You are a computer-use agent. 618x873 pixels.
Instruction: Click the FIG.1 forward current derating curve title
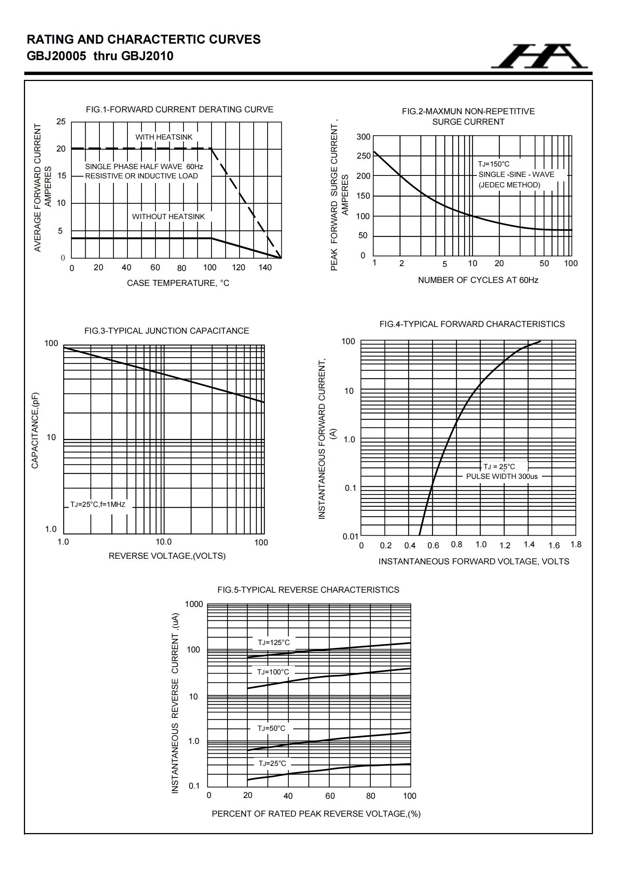(x=179, y=109)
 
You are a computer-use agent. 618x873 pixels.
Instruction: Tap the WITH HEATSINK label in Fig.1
(x=164, y=137)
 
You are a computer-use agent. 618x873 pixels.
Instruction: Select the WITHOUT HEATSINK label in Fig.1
(x=168, y=216)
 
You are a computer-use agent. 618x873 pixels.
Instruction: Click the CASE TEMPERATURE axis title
(x=178, y=283)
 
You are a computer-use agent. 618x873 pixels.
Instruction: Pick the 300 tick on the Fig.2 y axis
(x=363, y=137)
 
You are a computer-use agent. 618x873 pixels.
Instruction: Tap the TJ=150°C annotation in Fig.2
(x=493, y=164)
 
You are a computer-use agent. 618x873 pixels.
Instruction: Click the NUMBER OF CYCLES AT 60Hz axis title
(x=478, y=280)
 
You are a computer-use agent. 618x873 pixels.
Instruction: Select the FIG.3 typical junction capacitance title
(x=166, y=331)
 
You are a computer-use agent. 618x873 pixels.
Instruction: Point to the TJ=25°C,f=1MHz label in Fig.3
(x=98, y=505)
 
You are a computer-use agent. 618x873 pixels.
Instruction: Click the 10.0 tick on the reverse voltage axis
(x=163, y=542)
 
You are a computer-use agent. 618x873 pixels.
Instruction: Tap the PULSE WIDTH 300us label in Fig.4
(x=501, y=476)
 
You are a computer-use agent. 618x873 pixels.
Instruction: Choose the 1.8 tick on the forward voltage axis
(x=576, y=544)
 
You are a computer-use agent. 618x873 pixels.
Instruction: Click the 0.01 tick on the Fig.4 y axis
(x=350, y=536)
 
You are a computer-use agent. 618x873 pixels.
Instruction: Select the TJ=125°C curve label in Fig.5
(x=274, y=642)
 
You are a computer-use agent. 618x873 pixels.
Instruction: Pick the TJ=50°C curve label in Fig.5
(x=271, y=728)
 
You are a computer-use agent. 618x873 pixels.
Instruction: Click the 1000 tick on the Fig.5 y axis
(x=194, y=604)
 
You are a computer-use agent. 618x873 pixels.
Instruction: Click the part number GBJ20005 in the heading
(x=56, y=56)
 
